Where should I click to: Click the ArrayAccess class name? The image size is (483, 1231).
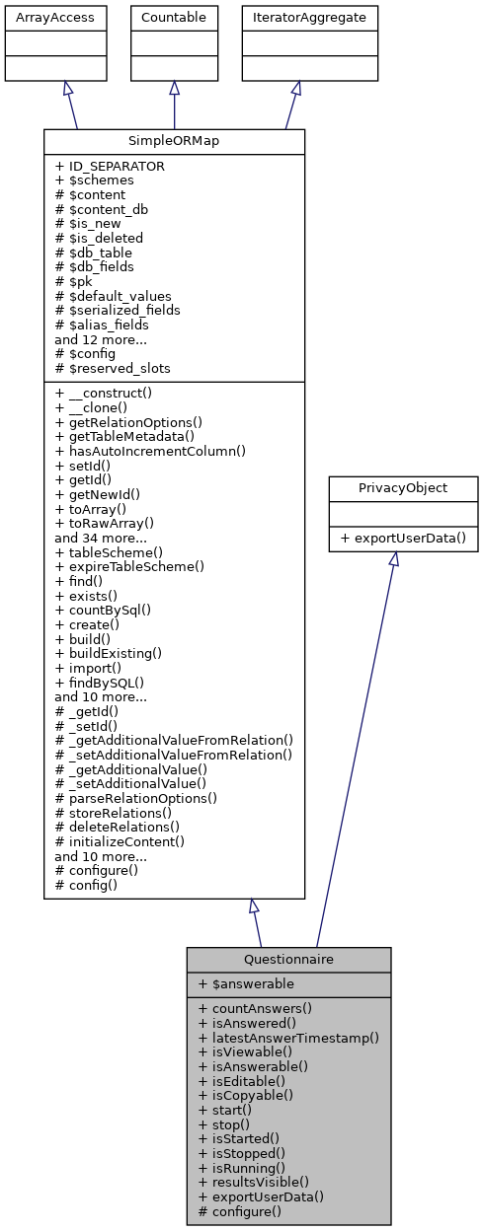[x=40, y=17]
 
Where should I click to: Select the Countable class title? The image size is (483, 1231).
[x=174, y=17]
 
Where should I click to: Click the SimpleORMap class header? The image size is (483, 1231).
[x=174, y=141]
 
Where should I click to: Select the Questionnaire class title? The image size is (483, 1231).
[x=288, y=959]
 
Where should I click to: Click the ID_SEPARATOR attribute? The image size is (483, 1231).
[x=111, y=167]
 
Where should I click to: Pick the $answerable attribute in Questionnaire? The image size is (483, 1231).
[x=246, y=983]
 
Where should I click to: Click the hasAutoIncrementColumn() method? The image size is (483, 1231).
[x=150, y=451]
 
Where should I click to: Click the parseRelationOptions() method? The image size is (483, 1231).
[x=136, y=797]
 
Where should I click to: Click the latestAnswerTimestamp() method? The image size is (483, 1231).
[x=288, y=1037]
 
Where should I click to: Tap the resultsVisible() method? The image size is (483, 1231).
[x=254, y=1181]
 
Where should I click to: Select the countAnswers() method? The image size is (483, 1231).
[x=255, y=1008]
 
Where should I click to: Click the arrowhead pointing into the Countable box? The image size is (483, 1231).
[x=174, y=88]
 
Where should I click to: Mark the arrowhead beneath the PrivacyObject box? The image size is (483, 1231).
[x=393, y=559]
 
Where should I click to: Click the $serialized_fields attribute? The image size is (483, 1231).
[x=118, y=310]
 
